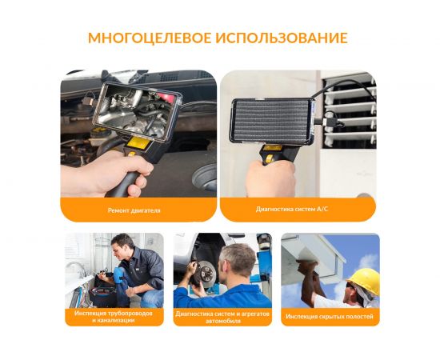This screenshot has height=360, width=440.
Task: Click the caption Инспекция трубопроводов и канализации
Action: point(113,317)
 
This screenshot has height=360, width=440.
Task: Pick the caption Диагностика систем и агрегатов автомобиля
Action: point(222,317)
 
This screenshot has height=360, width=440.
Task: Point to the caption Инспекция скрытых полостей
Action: point(330,316)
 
